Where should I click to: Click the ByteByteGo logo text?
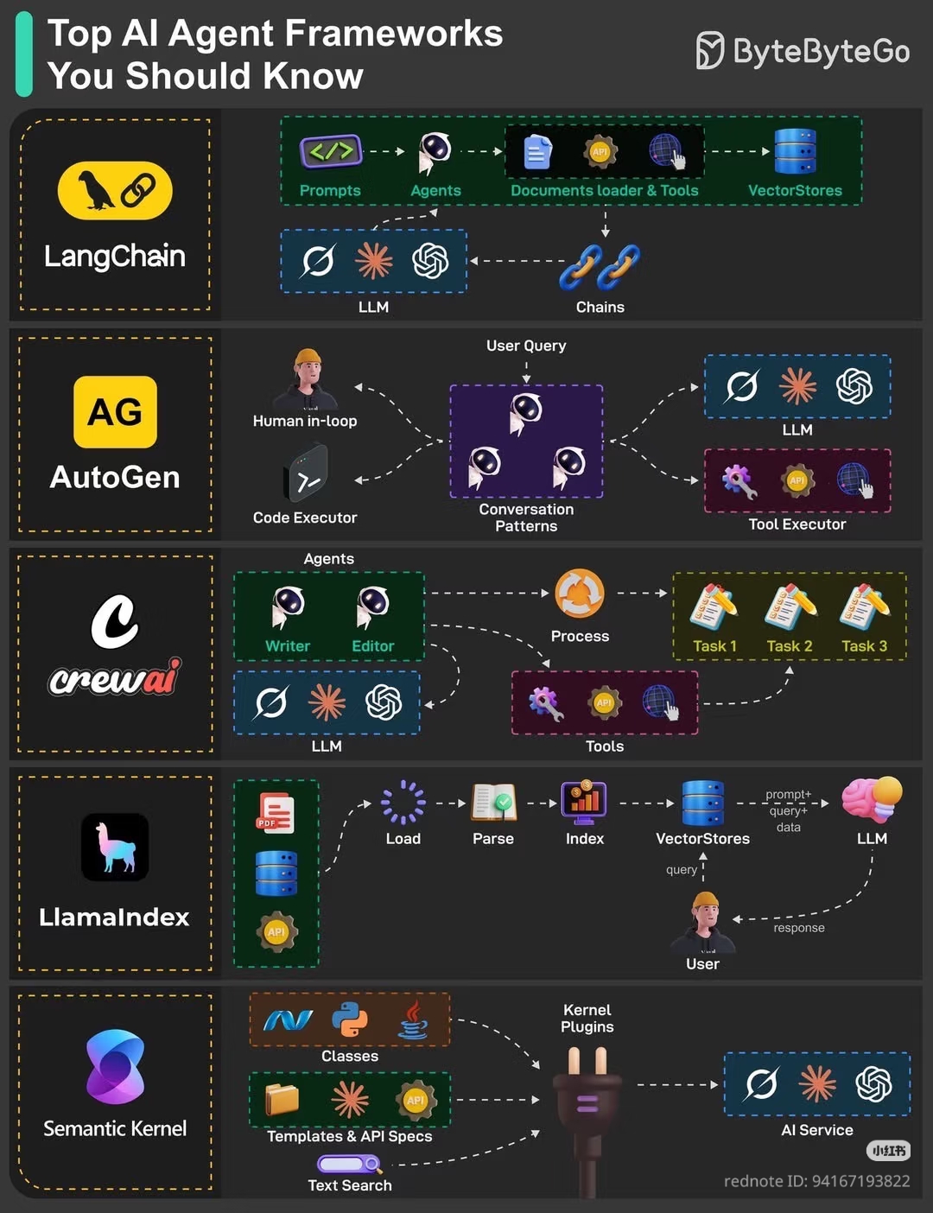click(820, 52)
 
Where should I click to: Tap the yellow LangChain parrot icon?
click(115, 190)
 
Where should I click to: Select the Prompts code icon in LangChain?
click(330, 151)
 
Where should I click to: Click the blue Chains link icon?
click(600, 265)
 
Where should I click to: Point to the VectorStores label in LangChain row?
click(795, 190)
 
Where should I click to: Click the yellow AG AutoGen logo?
click(115, 412)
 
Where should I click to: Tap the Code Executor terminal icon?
click(306, 472)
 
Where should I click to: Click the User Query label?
click(526, 346)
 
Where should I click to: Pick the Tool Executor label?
click(797, 524)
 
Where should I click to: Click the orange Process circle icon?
click(580, 594)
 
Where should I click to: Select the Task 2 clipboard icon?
click(790, 606)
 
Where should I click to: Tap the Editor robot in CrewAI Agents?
click(372, 606)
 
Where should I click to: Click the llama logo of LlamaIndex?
click(115, 847)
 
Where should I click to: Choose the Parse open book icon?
click(493, 802)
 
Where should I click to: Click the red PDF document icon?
click(276, 812)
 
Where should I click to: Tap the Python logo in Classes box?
click(350, 1020)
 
